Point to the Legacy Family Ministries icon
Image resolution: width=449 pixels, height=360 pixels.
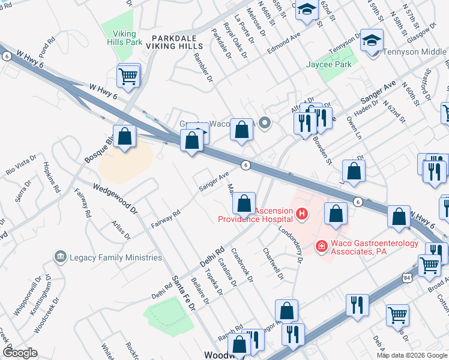(60, 257)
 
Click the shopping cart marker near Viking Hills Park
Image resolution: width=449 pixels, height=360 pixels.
(128, 76)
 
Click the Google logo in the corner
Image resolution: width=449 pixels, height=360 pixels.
(20, 353)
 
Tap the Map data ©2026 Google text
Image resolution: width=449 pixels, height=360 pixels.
(412, 355)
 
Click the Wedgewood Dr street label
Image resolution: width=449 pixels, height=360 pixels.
(115, 199)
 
